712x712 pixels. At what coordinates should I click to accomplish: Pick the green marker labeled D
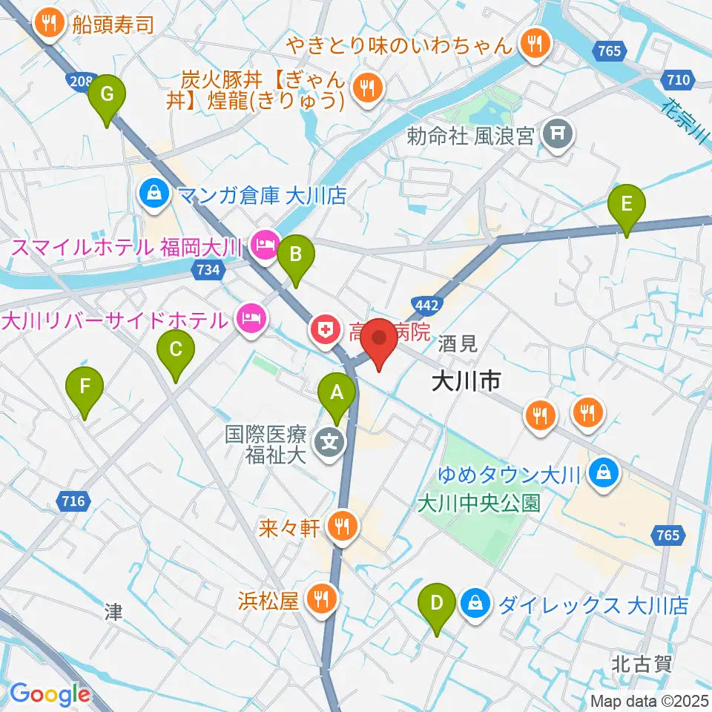click(438, 608)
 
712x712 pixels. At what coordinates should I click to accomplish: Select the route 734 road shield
click(208, 270)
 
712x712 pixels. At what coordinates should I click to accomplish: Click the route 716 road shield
click(74, 501)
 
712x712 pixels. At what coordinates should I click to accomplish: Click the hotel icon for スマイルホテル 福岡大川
click(265, 243)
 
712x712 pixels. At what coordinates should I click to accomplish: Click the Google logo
click(50, 694)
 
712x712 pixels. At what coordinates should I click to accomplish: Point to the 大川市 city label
click(467, 382)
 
